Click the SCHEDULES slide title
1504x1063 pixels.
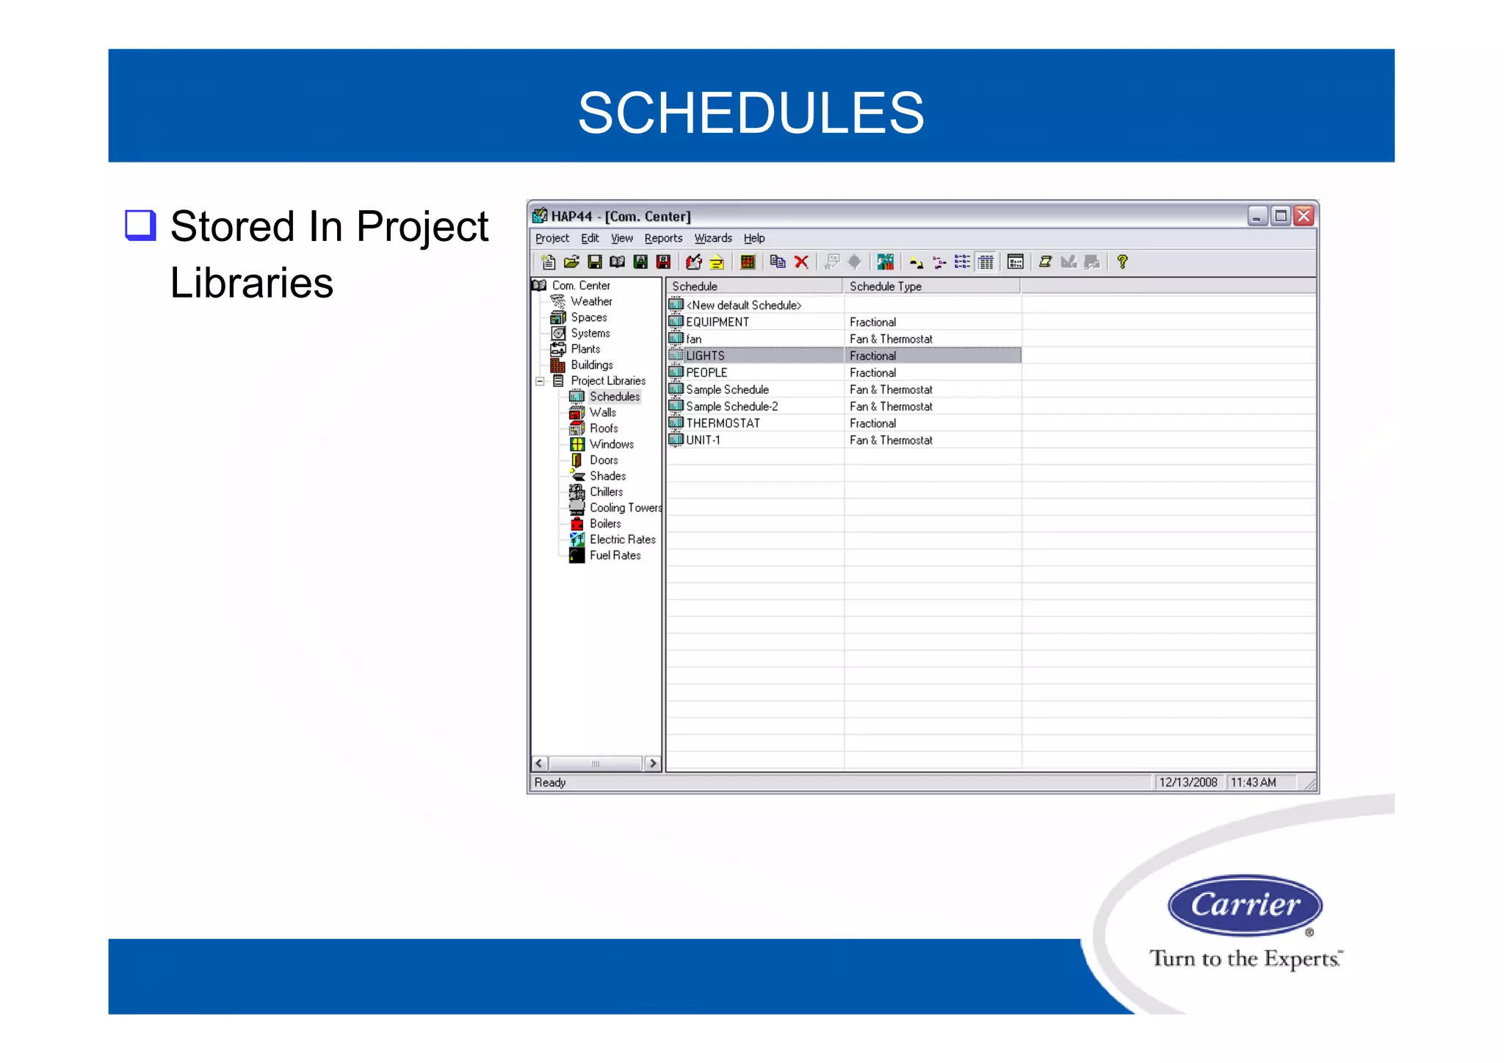751,113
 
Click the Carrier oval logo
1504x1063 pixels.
1245,904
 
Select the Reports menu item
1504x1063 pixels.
663,238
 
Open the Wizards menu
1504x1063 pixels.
713,238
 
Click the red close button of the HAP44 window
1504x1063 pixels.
1304,216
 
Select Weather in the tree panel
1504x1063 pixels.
591,301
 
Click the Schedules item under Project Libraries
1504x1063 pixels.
614,397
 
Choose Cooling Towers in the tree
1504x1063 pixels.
625,508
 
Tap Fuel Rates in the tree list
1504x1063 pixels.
615,555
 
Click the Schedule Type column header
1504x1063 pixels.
886,287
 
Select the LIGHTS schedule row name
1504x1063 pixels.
705,356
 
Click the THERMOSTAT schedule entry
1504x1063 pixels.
723,423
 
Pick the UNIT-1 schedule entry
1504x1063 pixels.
703,440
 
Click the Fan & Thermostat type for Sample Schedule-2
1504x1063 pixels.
891,406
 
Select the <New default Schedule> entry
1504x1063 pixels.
743,305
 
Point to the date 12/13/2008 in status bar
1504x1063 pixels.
1187,782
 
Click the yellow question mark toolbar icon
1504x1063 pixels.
1122,262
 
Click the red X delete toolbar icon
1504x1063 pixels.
801,262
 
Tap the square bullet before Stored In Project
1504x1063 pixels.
140,226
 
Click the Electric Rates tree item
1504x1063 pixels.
622,539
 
